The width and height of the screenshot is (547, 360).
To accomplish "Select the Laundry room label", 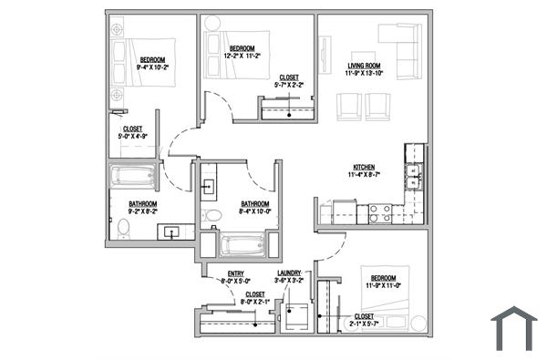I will click(289, 273).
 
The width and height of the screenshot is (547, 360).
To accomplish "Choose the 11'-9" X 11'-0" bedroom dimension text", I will click(383, 285).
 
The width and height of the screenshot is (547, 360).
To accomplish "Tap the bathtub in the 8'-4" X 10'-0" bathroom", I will click(243, 244).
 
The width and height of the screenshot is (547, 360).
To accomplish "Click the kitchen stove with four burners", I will click(379, 214).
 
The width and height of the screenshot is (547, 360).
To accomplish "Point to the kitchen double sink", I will click(415, 173).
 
